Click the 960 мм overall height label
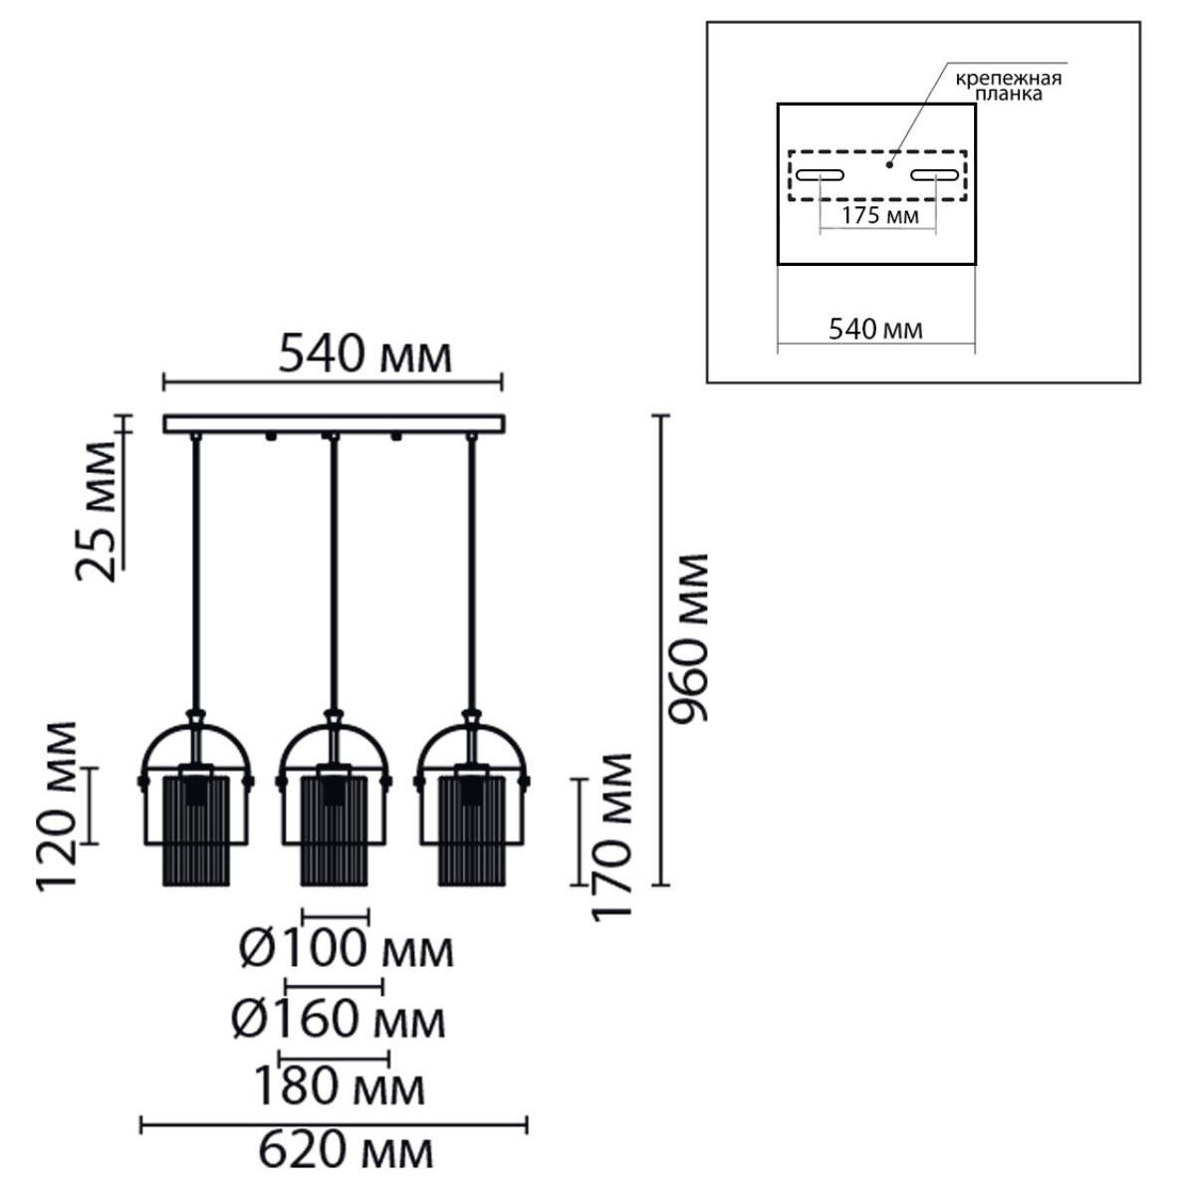689,638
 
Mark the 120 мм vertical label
57,807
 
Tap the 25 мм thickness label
97,512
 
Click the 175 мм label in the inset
880,216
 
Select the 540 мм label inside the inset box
875,329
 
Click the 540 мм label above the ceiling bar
365,355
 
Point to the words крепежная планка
1009,87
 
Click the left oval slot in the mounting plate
820,175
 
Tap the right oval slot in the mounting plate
934,175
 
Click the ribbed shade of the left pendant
196,830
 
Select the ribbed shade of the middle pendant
335,830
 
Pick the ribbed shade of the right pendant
473,830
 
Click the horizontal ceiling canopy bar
334,424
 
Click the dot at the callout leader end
889,165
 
